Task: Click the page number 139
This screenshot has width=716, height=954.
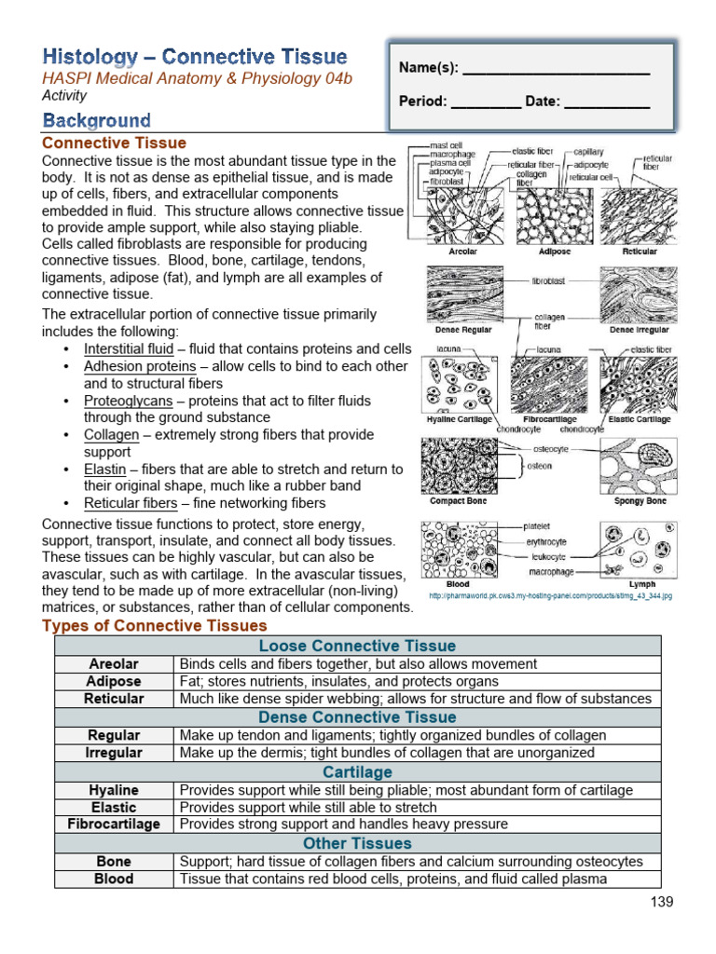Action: [x=661, y=901]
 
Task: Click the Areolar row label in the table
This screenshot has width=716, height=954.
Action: [x=114, y=664]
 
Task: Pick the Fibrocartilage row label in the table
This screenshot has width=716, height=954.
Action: [x=114, y=825]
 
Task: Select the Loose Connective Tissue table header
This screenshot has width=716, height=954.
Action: [x=357, y=646]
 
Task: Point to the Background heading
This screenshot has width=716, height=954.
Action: [x=96, y=120]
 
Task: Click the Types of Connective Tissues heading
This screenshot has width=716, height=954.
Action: [x=154, y=626]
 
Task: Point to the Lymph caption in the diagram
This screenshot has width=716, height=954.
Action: [x=642, y=584]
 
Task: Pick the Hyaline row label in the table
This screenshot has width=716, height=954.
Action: [x=114, y=790]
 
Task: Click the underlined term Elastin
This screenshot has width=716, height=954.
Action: [x=104, y=470]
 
